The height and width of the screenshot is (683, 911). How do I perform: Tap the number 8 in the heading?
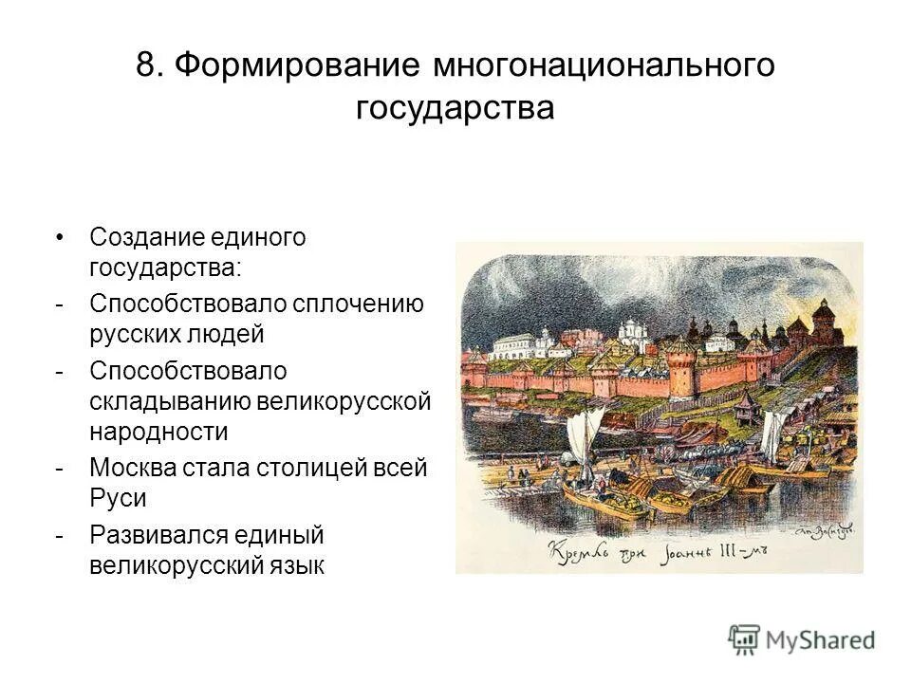[x=145, y=65]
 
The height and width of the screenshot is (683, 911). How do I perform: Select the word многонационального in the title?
[x=604, y=65]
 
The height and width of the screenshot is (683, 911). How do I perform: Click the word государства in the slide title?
[x=455, y=107]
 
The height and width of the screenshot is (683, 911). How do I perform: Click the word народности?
[x=159, y=432]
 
